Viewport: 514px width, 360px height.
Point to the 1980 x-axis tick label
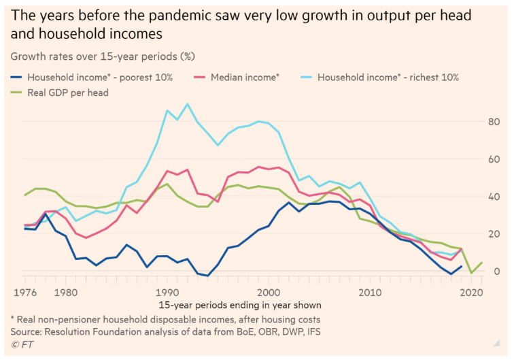pos(65,292)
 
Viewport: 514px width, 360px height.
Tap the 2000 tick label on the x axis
pos(269,292)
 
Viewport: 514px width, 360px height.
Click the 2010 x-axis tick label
pos(370,292)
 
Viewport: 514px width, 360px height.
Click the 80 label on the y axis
pos(497,122)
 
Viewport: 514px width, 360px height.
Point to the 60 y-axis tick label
pos(497,159)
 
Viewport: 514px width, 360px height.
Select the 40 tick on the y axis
pos(497,197)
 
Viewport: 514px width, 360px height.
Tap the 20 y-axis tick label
pos(497,234)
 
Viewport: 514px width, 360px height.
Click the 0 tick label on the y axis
pos(499,272)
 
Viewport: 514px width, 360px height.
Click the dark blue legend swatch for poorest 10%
pos(16,78)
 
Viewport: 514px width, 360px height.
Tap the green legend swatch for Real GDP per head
pos(16,93)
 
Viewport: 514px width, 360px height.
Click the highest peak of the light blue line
pos(187,104)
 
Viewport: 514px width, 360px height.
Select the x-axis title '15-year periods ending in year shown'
pos(240,305)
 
